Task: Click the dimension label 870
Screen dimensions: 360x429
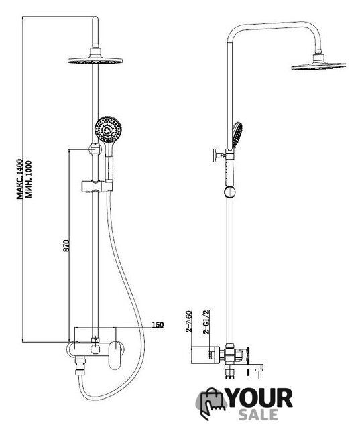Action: (67, 245)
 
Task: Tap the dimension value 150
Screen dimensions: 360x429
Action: (158, 324)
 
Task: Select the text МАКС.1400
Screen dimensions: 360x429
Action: (19, 179)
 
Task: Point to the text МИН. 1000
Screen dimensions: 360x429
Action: (28, 179)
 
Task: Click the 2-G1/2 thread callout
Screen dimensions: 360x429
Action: (206, 322)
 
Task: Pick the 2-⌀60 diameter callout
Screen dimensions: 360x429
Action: (189, 322)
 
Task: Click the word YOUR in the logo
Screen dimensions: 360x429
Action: (260, 398)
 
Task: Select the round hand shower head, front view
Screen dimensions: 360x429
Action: (107, 129)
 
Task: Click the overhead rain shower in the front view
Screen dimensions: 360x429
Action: (95, 60)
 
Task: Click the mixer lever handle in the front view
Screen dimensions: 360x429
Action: (114, 355)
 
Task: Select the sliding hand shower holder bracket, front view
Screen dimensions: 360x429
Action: (97, 186)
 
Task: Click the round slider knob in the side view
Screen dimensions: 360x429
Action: (229, 192)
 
